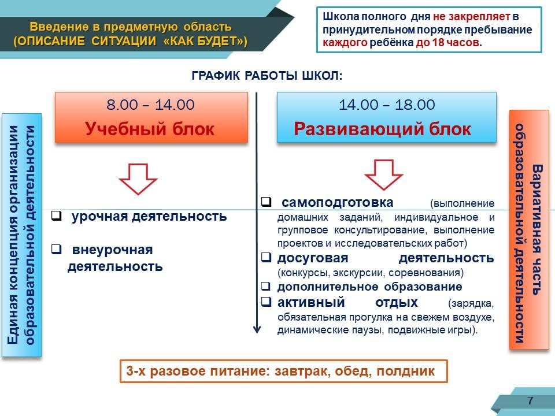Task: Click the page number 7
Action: (530, 400)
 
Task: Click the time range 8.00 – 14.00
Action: (150, 105)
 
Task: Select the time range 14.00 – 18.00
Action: (387, 105)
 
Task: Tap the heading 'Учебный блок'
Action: (150, 129)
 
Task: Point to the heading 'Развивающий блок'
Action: (382, 129)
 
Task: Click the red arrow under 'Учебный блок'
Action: (138, 179)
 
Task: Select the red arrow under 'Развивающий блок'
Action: (384, 175)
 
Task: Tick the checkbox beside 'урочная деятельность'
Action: (56, 216)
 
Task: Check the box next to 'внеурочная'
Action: (56, 249)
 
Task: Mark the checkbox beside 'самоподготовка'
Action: (266, 202)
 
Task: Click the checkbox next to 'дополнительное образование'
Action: (266, 286)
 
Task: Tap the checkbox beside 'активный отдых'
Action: (266, 302)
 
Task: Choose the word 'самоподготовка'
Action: (337, 202)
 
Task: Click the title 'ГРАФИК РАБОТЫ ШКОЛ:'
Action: (267, 76)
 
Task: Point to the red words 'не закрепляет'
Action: (472, 16)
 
